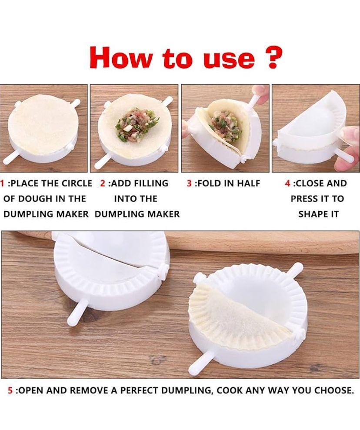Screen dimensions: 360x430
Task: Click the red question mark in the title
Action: (274, 57)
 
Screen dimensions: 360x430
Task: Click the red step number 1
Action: (3, 183)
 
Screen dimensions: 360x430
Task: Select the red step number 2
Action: (103, 183)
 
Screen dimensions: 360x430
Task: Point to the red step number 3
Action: (190, 183)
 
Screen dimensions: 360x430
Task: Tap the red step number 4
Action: (288, 183)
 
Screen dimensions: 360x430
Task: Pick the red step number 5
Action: (10, 390)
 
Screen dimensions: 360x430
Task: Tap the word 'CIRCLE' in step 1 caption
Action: (77, 183)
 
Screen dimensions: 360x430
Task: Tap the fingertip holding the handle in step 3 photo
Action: (259, 92)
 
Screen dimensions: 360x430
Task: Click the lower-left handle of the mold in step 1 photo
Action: (10, 159)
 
